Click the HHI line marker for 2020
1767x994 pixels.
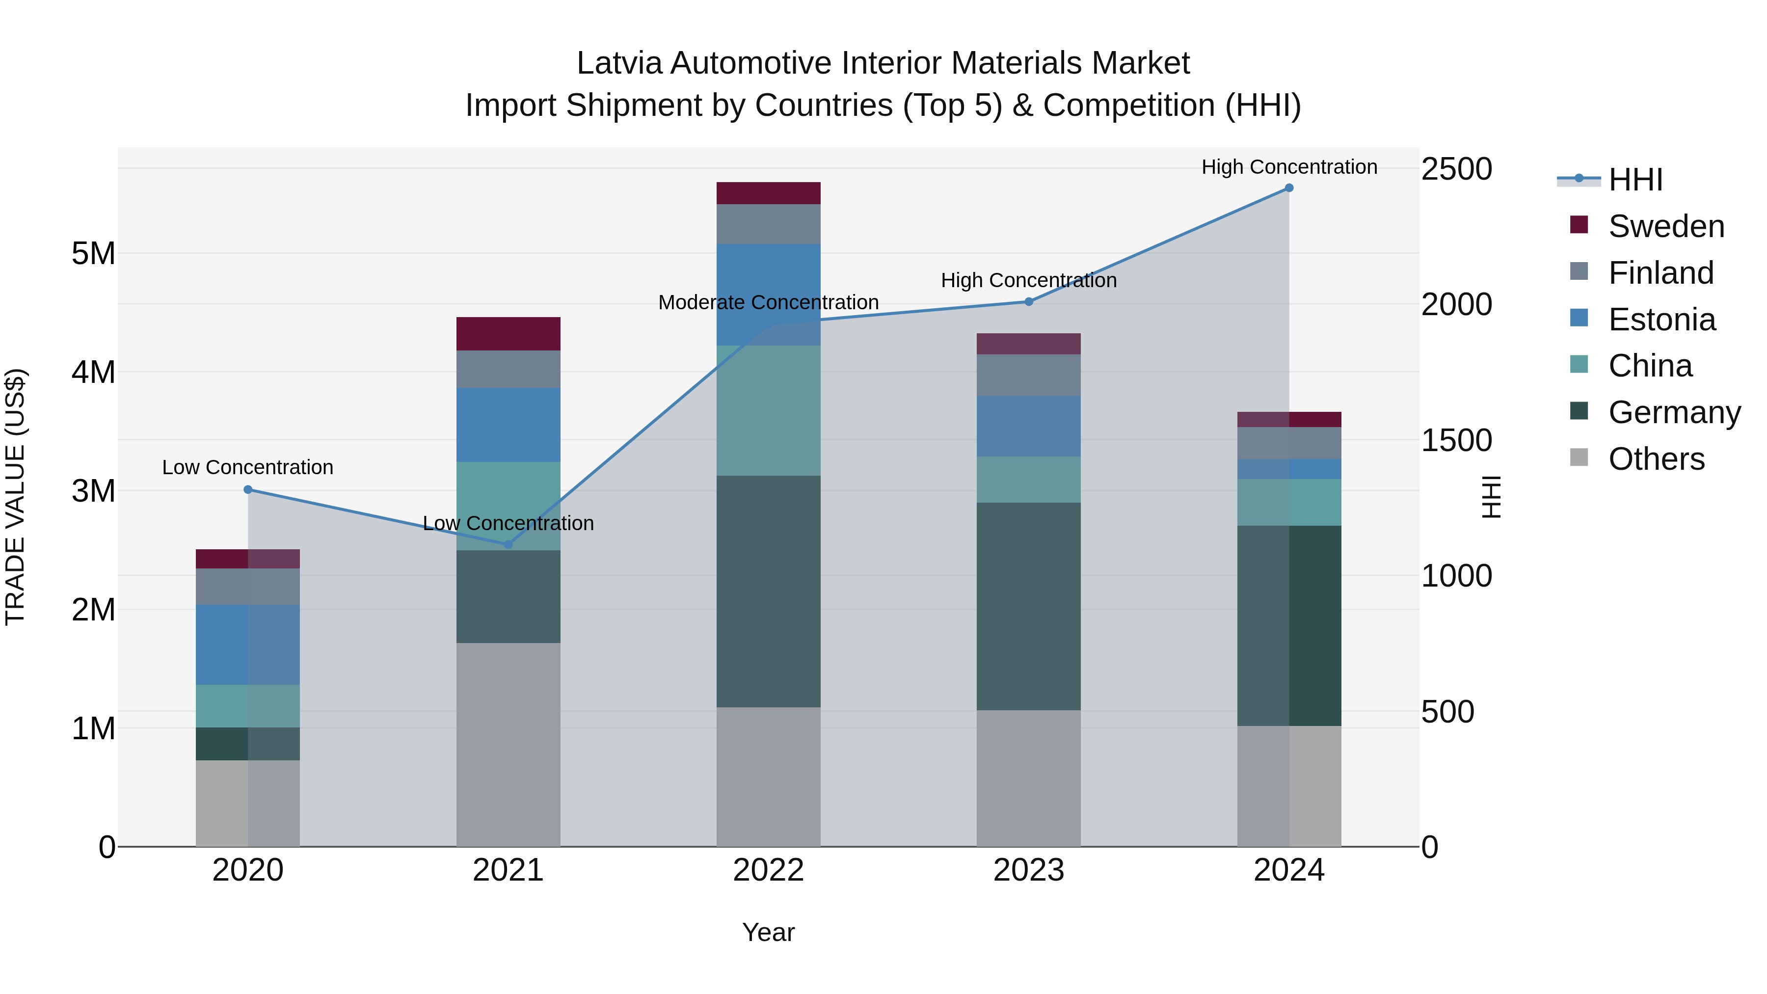(x=248, y=490)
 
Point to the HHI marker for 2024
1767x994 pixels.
(x=1289, y=188)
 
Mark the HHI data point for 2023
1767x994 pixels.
(x=1029, y=302)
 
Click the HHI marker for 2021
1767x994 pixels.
(x=509, y=545)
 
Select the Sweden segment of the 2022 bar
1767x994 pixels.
(x=768, y=193)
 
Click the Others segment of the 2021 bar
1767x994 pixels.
(x=509, y=744)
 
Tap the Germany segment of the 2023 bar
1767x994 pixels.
(x=1029, y=606)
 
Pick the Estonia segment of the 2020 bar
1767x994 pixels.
(x=248, y=645)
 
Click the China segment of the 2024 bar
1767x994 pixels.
(x=1289, y=503)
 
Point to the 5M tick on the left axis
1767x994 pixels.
(x=93, y=254)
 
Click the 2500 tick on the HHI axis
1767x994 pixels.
(x=1456, y=169)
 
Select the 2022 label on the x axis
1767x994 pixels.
(x=768, y=870)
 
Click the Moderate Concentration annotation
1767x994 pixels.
(x=768, y=302)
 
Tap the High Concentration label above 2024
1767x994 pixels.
(x=1289, y=167)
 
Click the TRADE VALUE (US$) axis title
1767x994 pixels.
(x=15, y=497)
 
